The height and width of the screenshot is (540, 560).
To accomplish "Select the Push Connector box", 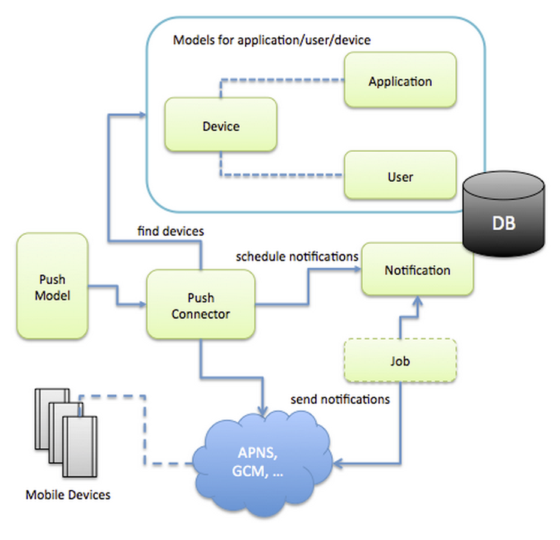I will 200,305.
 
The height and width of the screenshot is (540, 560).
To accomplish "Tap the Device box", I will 221,125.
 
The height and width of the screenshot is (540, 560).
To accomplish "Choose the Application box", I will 400,81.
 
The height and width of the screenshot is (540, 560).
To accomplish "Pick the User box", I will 400,176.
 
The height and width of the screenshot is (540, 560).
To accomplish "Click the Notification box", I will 417,269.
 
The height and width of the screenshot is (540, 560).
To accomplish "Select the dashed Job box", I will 400,361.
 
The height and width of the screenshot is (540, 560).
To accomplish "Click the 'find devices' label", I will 170,231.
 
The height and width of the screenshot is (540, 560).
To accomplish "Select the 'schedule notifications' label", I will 297,256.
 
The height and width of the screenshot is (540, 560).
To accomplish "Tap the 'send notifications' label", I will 340,399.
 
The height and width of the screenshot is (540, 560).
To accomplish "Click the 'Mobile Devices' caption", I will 68,495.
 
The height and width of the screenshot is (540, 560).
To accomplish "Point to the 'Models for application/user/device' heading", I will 272,40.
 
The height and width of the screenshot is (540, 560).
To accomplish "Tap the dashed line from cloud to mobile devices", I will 144,432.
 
